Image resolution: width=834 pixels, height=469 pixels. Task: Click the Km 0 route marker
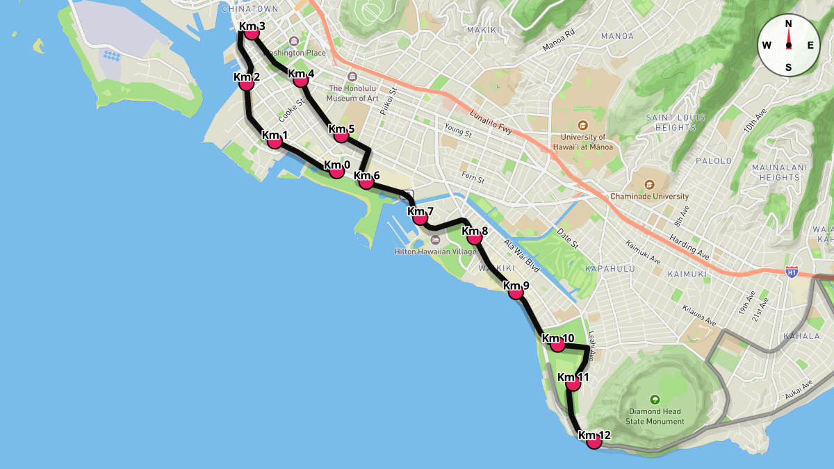(336, 170)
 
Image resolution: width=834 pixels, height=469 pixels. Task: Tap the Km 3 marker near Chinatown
(252, 32)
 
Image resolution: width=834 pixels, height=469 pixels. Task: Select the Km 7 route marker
(420, 217)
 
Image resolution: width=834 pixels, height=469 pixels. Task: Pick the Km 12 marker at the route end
(594, 441)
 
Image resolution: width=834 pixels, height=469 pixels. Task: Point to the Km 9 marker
(516, 292)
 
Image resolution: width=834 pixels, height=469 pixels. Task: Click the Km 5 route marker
(341, 135)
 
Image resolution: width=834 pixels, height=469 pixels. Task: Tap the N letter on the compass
(788, 24)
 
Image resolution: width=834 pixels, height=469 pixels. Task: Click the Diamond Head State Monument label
(655, 416)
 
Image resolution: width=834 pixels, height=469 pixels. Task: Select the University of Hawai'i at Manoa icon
(582, 126)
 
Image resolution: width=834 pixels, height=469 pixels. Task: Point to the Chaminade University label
(649, 197)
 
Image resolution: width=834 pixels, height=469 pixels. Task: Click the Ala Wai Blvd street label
(521, 255)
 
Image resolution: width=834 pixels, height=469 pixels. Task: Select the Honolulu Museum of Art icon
(352, 76)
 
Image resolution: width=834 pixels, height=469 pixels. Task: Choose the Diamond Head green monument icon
(655, 400)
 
